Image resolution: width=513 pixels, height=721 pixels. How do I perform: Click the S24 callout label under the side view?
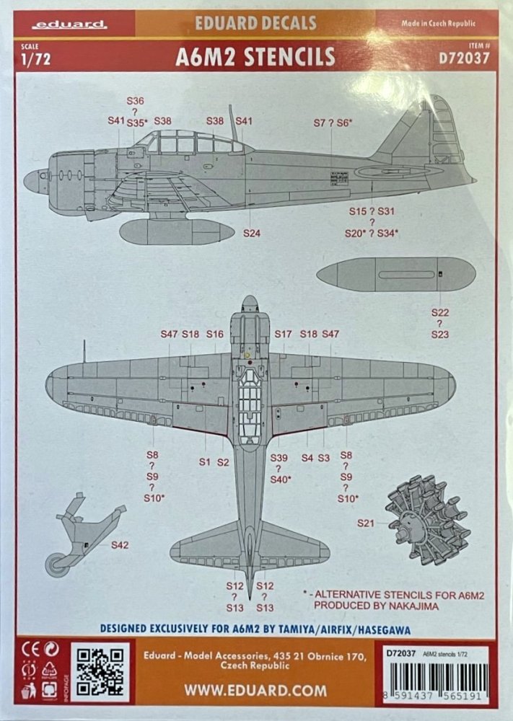coord(251,233)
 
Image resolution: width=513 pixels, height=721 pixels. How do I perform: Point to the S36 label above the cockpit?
coord(135,101)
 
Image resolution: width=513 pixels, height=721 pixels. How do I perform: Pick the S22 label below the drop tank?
coord(440,312)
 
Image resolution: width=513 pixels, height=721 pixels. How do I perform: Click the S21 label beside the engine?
coord(367,523)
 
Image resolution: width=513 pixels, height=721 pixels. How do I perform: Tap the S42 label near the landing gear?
coord(120,545)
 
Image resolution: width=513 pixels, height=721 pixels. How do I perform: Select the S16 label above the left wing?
coord(214,334)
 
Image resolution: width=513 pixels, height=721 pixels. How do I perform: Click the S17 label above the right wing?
coord(283,334)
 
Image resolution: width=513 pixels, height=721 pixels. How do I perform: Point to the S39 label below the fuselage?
coord(279,459)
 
